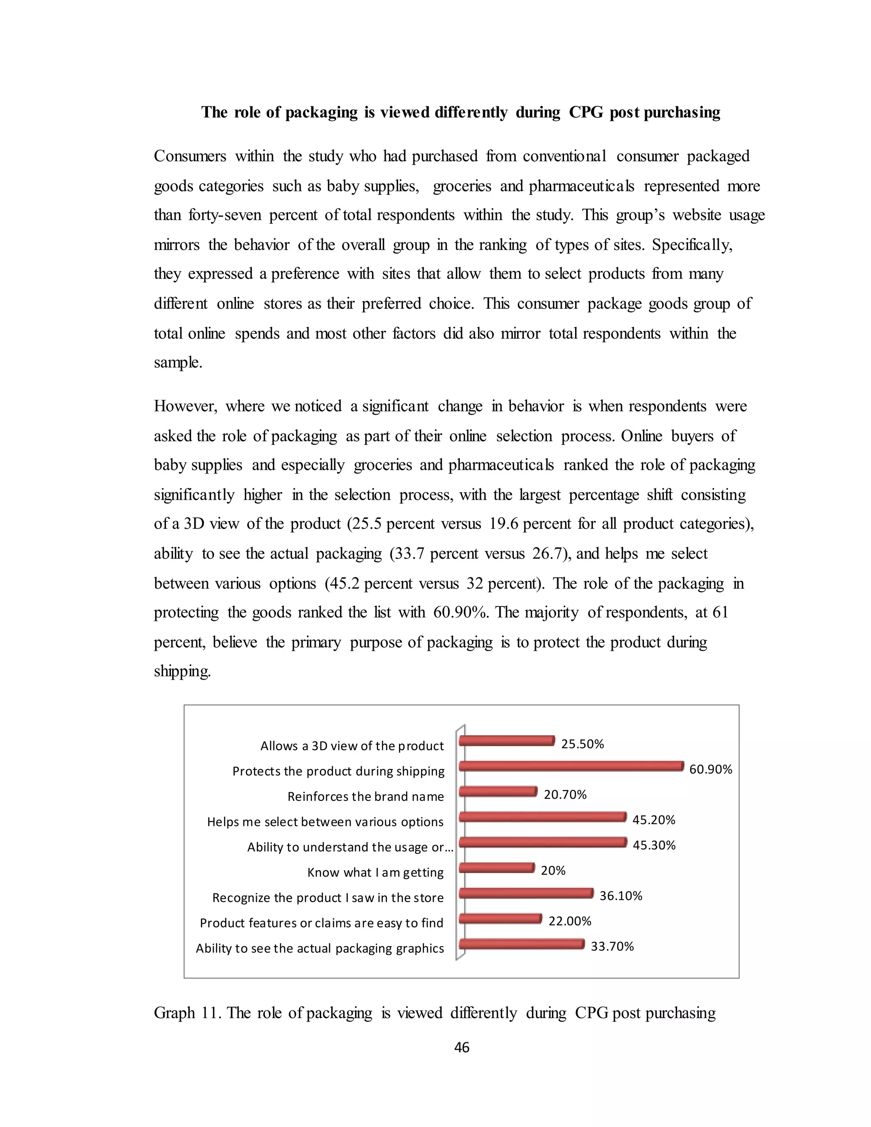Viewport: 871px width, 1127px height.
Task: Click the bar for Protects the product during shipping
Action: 571,766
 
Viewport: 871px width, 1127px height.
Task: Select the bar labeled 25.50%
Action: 506,741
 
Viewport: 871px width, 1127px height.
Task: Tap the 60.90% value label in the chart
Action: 711,769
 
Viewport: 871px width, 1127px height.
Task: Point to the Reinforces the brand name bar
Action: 498,791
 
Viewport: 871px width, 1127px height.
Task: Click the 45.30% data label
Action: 654,845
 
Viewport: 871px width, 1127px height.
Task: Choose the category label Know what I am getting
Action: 375,873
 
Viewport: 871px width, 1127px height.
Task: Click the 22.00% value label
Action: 569,921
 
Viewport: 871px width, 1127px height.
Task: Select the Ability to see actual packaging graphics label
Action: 320,948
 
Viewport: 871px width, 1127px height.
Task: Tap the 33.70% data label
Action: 612,946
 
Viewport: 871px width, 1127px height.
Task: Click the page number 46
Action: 461,1047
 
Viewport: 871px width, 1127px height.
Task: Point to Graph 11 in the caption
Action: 187,1013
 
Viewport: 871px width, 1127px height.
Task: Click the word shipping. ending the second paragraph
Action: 182,672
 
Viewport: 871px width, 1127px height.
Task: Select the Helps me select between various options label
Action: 325,822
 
